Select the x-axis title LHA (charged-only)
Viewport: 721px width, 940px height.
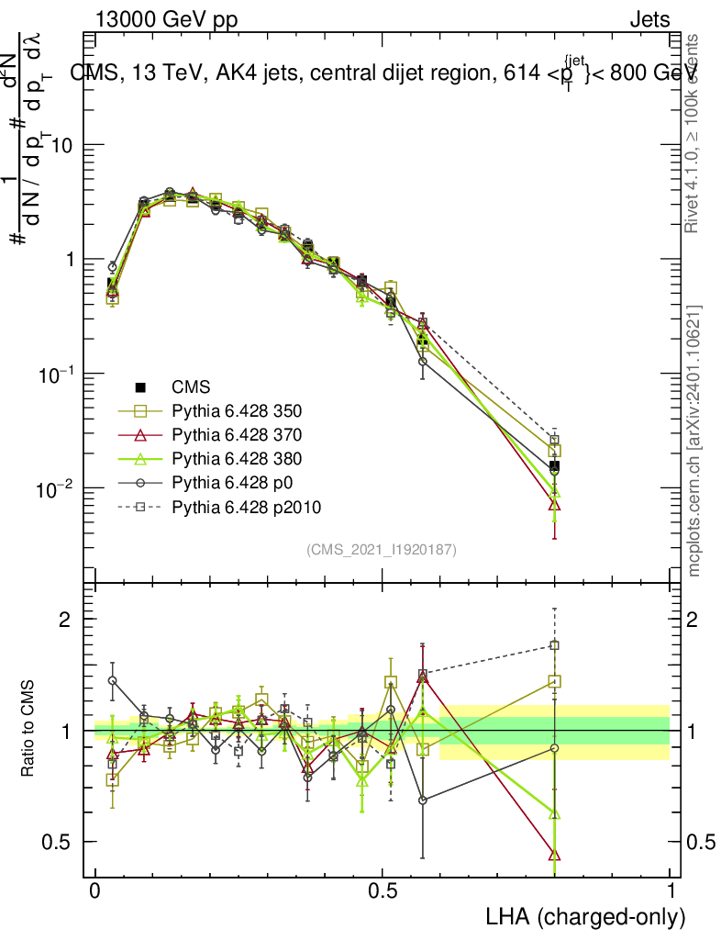coord(585,917)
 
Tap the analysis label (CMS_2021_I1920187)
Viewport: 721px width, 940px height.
coord(382,549)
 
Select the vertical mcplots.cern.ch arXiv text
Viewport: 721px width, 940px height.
coord(695,441)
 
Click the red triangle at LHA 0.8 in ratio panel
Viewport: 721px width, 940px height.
coord(554,855)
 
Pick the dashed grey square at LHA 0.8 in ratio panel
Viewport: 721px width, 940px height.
coord(554,645)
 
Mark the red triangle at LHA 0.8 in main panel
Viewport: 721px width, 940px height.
coord(554,504)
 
